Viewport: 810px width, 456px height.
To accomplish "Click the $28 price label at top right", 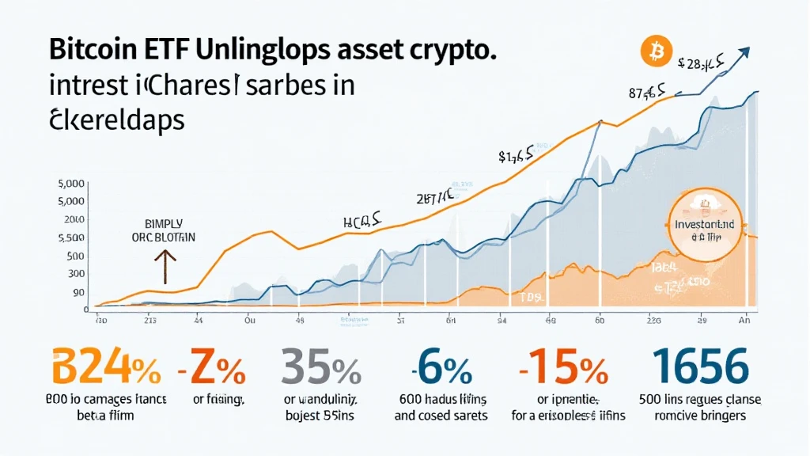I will coord(702,66).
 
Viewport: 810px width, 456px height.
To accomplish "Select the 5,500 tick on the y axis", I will coord(70,237).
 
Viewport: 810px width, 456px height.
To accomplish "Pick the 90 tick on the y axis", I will coord(76,292).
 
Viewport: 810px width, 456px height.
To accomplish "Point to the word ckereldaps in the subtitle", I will coord(116,120).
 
